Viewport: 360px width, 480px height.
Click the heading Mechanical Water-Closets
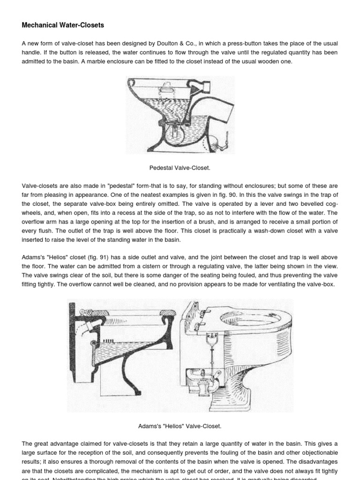click(63, 25)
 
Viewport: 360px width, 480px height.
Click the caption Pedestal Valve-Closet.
click(180, 167)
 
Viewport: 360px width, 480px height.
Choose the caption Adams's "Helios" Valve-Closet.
click(180, 426)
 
